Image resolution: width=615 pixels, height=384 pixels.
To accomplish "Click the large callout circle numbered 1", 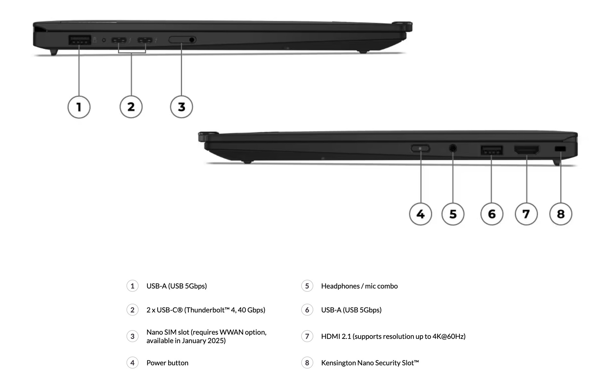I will (x=79, y=107).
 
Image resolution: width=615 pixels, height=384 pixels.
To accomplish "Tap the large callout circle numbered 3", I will (x=181, y=107).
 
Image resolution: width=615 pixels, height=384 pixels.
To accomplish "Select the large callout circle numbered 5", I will (x=453, y=214).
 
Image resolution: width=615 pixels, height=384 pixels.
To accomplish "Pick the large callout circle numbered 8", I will (x=561, y=214).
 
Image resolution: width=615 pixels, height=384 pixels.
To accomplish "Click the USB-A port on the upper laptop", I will (x=79, y=40).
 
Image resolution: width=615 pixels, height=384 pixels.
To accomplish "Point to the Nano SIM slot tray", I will (x=182, y=40).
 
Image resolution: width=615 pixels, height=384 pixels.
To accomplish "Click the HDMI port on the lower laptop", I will (x=527, y=149).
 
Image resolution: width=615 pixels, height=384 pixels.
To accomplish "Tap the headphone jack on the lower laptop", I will (x=453, y=148).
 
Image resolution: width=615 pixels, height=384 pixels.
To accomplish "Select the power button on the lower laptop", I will (x=420, y=148).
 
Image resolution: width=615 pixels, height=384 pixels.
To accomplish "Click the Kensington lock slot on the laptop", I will (x=560, y=149).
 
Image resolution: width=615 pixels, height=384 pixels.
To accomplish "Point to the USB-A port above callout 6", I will (x=491, y=150).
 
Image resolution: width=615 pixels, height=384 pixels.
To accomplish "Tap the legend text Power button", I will (x=167, y=363).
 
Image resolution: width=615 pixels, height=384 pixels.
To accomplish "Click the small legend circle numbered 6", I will (x=307, y=310).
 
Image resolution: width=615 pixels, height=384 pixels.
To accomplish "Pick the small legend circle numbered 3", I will (x=132, y=336).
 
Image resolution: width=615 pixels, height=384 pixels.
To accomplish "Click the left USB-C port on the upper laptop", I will (x=119, y=40).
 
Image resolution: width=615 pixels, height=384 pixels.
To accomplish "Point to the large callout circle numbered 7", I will (x=526, y=214).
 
